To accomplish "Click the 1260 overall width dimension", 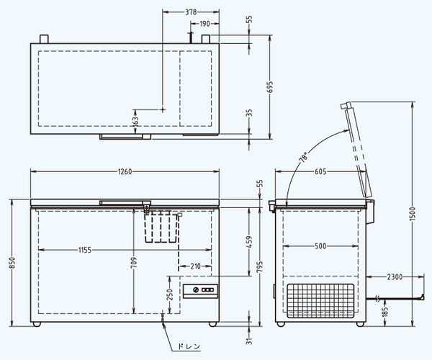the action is (x=125, y=171).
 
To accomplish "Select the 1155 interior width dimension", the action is (x=85, y=250).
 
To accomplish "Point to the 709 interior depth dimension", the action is (x=134, y=263).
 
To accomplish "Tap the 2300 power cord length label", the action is (x=395, y=276).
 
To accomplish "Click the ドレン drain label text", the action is (x=189, y=346).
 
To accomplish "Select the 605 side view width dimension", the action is (x=320, y=171).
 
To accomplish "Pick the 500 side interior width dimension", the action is (x=320, y=246).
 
